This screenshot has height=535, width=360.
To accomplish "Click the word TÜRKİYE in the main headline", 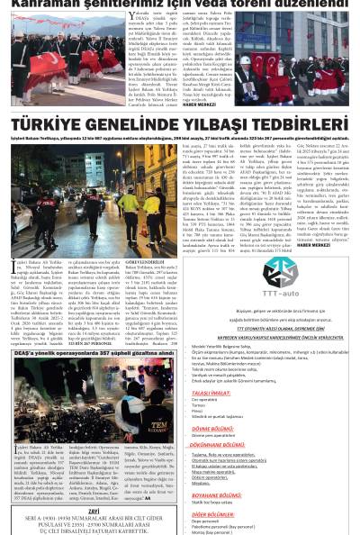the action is pyautogui.click(x=59, y=123).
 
